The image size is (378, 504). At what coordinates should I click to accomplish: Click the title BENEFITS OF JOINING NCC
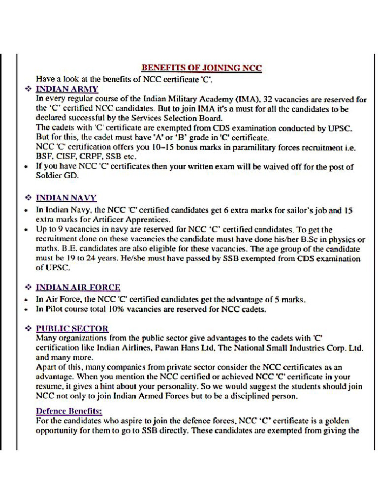point(202,68)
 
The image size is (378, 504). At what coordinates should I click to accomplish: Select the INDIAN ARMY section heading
point(67,89)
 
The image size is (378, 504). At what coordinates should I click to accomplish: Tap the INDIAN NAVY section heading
point(66,198)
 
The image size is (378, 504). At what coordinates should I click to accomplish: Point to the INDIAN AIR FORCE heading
point(78,287)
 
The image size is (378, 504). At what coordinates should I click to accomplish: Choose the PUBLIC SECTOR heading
point(72,328)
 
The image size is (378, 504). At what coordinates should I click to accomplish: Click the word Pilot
point(56,310)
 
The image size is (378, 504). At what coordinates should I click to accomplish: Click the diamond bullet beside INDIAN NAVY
point(28,198)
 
